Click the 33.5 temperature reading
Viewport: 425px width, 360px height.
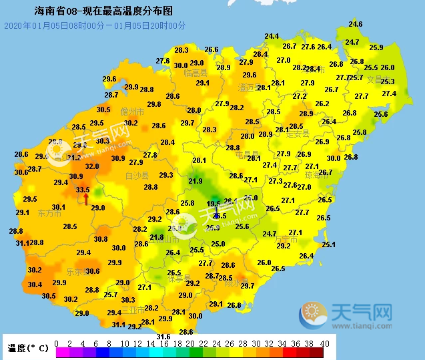(83, 190)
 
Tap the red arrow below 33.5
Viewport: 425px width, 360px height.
(85, 198)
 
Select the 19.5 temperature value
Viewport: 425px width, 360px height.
(214, 204)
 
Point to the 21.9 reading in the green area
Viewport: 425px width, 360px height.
(195, 181)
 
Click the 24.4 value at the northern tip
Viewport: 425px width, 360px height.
(272, 36)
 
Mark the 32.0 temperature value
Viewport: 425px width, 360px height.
(92, 166)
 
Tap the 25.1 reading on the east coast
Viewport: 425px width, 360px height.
(328, 244)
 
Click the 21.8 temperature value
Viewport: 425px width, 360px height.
(157, 237)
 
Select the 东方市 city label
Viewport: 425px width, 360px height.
(49, 214)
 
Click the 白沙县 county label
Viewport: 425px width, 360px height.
(137, 175)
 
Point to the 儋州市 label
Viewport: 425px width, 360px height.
(132, 112)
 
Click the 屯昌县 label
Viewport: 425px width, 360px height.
(247, 155)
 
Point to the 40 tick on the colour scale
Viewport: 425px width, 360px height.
(326, 343)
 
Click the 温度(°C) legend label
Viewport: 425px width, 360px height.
(28, 348)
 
